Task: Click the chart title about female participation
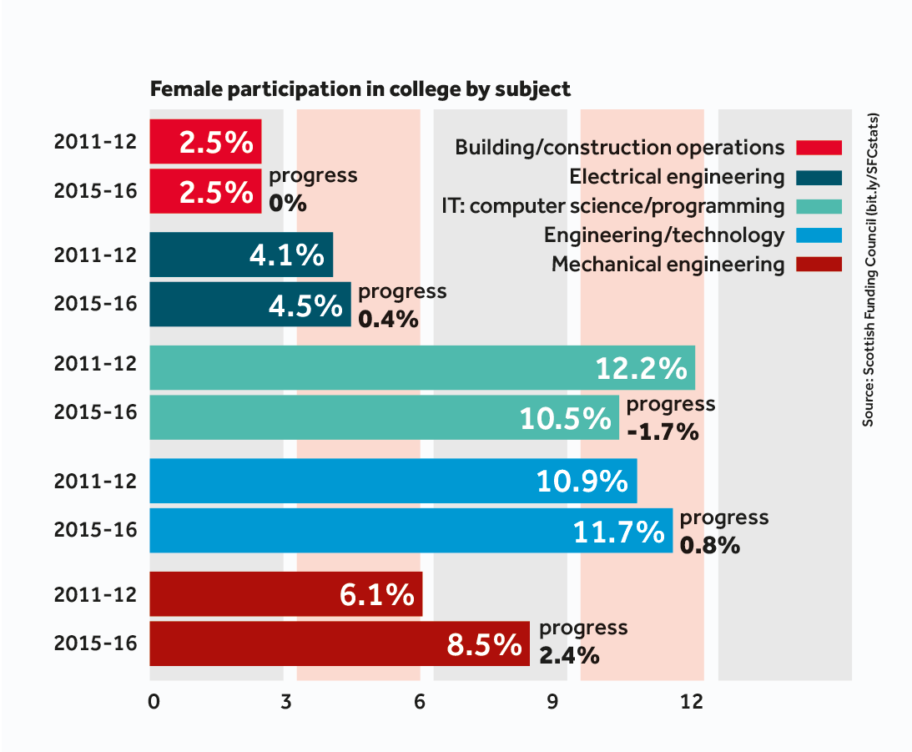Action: [x=360, y=89]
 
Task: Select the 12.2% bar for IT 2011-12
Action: [x=421, y=367]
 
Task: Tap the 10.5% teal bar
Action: [x=384, y=417]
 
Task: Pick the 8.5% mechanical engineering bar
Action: [x=339, y=643]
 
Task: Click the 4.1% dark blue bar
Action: [x=241, y=255]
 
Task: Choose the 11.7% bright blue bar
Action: [x=411, y=531]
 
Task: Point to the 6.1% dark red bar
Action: [x=285, y=594]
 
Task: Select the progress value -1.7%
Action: [x=662, y=433]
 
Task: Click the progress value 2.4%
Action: [x=569, y=656]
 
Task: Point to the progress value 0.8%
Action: [x=710, y=546]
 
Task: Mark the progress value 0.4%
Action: [x=388, y=319]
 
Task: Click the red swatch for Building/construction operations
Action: [x=819, y=148]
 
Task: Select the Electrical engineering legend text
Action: [x=677, y=177]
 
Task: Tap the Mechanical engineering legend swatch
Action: [x=819, y=265]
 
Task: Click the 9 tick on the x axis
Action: [x=552, y=703]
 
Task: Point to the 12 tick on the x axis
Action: [x=692, y=703]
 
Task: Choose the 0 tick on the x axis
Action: [x=154, y=703]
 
